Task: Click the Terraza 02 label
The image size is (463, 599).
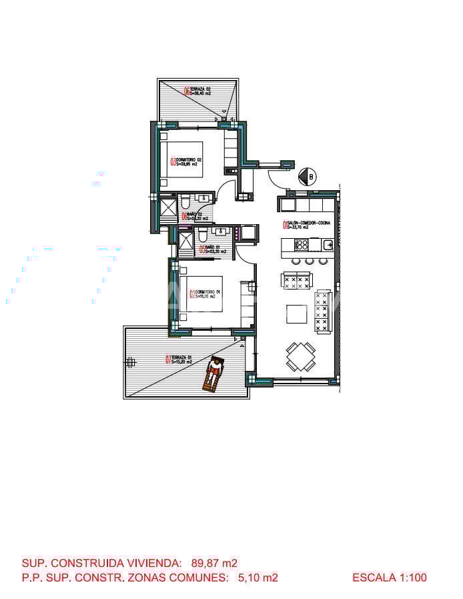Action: (200, 91)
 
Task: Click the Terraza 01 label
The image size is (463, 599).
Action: (180, 360)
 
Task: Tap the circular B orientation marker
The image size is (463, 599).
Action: (308, 177)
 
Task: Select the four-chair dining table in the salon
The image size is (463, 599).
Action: (300, 356)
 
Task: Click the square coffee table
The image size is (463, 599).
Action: (296, 314)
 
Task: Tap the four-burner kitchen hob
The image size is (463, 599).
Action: (300, 244)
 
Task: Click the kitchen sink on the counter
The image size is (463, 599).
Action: (328, 244)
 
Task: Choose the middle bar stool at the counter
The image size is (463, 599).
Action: (308, 260)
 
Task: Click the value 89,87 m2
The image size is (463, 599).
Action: (215, 563)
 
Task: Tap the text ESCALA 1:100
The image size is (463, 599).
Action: (389, 578)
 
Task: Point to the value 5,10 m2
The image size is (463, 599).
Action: (258, 578)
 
